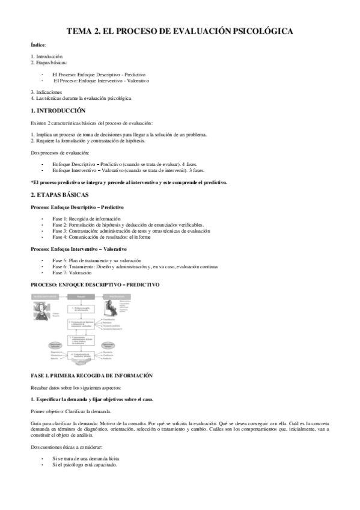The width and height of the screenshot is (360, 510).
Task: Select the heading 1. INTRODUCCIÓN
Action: tap(58, 111)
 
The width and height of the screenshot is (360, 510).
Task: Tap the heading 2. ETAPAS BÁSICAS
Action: tap(59, 195)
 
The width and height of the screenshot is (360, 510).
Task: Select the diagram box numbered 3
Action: tap(82, 341)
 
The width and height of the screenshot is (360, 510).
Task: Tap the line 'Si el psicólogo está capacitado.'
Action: tap(85, 466)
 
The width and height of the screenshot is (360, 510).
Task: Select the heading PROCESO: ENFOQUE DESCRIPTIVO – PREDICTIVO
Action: tap(95, 284)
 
